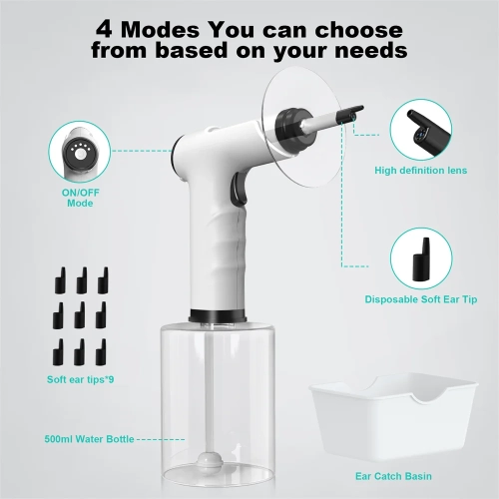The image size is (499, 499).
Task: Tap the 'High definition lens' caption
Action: [x=420, y=170]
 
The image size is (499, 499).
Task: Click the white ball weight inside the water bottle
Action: [x=211, y=460]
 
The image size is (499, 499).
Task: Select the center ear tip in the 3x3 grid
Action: [x=81, y=312]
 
